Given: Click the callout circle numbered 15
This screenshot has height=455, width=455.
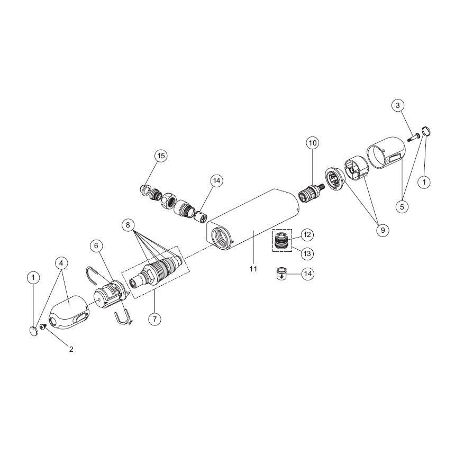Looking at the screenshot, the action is [x=161, y=156].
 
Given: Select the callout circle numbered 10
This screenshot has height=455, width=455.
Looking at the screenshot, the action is [x=313, y=143].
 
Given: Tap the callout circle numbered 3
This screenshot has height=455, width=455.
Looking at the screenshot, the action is [x=398, y=105].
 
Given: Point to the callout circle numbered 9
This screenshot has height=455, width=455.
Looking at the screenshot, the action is [x=383, y=230].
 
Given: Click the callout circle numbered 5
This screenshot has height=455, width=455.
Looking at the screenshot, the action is [x=402, y=207].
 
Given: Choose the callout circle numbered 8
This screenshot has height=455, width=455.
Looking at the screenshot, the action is [x=128, y=225].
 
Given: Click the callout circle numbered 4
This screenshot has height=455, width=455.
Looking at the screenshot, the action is [x=61, y=263].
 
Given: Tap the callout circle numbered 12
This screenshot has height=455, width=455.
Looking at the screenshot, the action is [x=307, y=234].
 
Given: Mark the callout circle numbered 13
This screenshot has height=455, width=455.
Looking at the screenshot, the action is [x=307, y=253].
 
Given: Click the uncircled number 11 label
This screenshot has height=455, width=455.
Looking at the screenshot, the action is [x=253, y=269].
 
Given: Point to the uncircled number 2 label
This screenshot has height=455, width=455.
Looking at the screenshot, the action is [x=71, y=349].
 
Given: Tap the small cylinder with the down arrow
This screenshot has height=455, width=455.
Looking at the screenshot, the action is [x=281, y=273].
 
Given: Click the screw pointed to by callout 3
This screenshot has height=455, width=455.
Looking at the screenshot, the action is [x=413, y=137].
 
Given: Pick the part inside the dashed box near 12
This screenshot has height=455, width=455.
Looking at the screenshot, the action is [x=282, y=240].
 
